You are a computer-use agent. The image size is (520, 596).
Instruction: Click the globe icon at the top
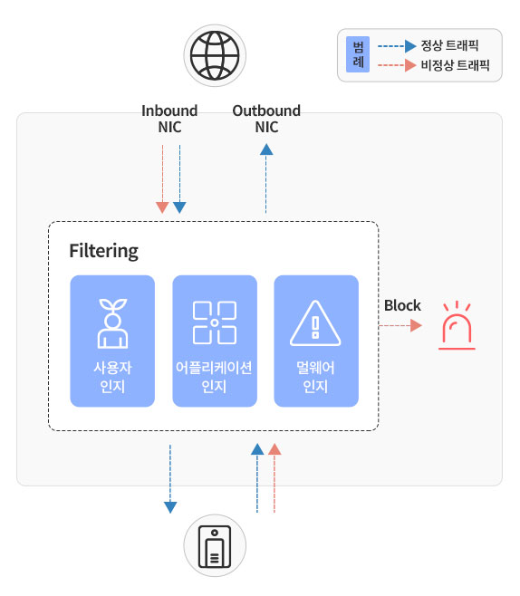coord(215,55)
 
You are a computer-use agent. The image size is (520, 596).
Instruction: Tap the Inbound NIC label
coord(169,119)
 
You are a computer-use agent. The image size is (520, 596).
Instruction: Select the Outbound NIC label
coord(266,119)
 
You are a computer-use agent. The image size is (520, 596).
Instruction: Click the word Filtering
coord(104,251)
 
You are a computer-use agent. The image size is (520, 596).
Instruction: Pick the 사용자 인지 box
coord(112,341)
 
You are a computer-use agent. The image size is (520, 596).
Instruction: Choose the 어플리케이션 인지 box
coord(215,341)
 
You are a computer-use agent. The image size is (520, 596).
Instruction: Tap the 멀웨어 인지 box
coord(316,341)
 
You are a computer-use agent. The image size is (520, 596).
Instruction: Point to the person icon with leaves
coord(112,323)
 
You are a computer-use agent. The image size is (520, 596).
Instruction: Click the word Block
coord(402,305)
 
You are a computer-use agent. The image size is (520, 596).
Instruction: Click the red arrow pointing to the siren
coord(400,326)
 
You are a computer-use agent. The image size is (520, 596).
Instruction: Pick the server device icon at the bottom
coord(215,546)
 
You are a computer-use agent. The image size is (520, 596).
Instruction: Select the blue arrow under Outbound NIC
coord(266,178)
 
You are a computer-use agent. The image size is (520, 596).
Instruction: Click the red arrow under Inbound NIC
coord(162,179)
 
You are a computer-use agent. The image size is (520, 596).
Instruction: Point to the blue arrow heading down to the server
coord(170,479)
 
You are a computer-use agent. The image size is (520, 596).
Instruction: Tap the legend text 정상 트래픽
coord(449,45)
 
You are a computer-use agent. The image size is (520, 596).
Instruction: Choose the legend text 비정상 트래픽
coord(455,65)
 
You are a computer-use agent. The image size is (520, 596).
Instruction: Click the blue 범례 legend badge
coord(358,54)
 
